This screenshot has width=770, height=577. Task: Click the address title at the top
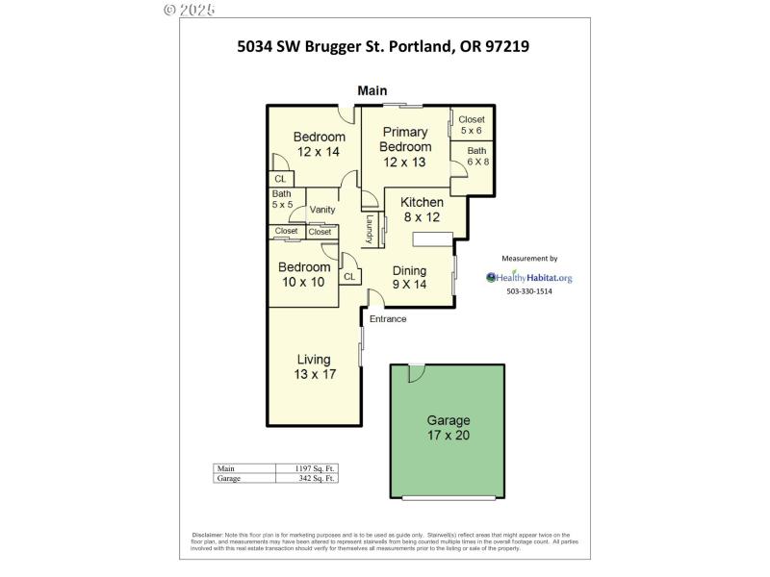(x=384, y=45)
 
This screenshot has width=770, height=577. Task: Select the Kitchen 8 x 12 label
(x=422, y=210)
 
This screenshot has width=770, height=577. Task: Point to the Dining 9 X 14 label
(x=409, y=277)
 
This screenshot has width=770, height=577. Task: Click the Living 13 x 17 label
(x=315, y=366)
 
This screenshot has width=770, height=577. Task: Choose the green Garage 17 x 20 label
(x=448, y=428)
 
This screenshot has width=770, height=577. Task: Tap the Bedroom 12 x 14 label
(x=319, y=144)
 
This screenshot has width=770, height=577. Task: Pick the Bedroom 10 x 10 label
(x=303, y=274)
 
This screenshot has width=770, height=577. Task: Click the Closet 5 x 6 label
(x=472, y=125)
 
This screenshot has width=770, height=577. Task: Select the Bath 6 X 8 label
(x=477, y=157)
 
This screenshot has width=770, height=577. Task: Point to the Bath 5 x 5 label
(x=281, y=199)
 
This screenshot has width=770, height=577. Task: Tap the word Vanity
(x=321, y=210)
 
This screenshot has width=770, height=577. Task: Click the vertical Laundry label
(x=369, y=229)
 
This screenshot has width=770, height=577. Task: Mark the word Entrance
(x=388, y=319)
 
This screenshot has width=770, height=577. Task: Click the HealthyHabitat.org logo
(x=530, y=278)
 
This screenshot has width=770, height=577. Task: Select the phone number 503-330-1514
(x=529, y=292)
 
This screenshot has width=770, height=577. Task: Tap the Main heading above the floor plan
(x=372, y=90)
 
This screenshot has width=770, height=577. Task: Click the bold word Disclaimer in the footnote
(x=207, y=534)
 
